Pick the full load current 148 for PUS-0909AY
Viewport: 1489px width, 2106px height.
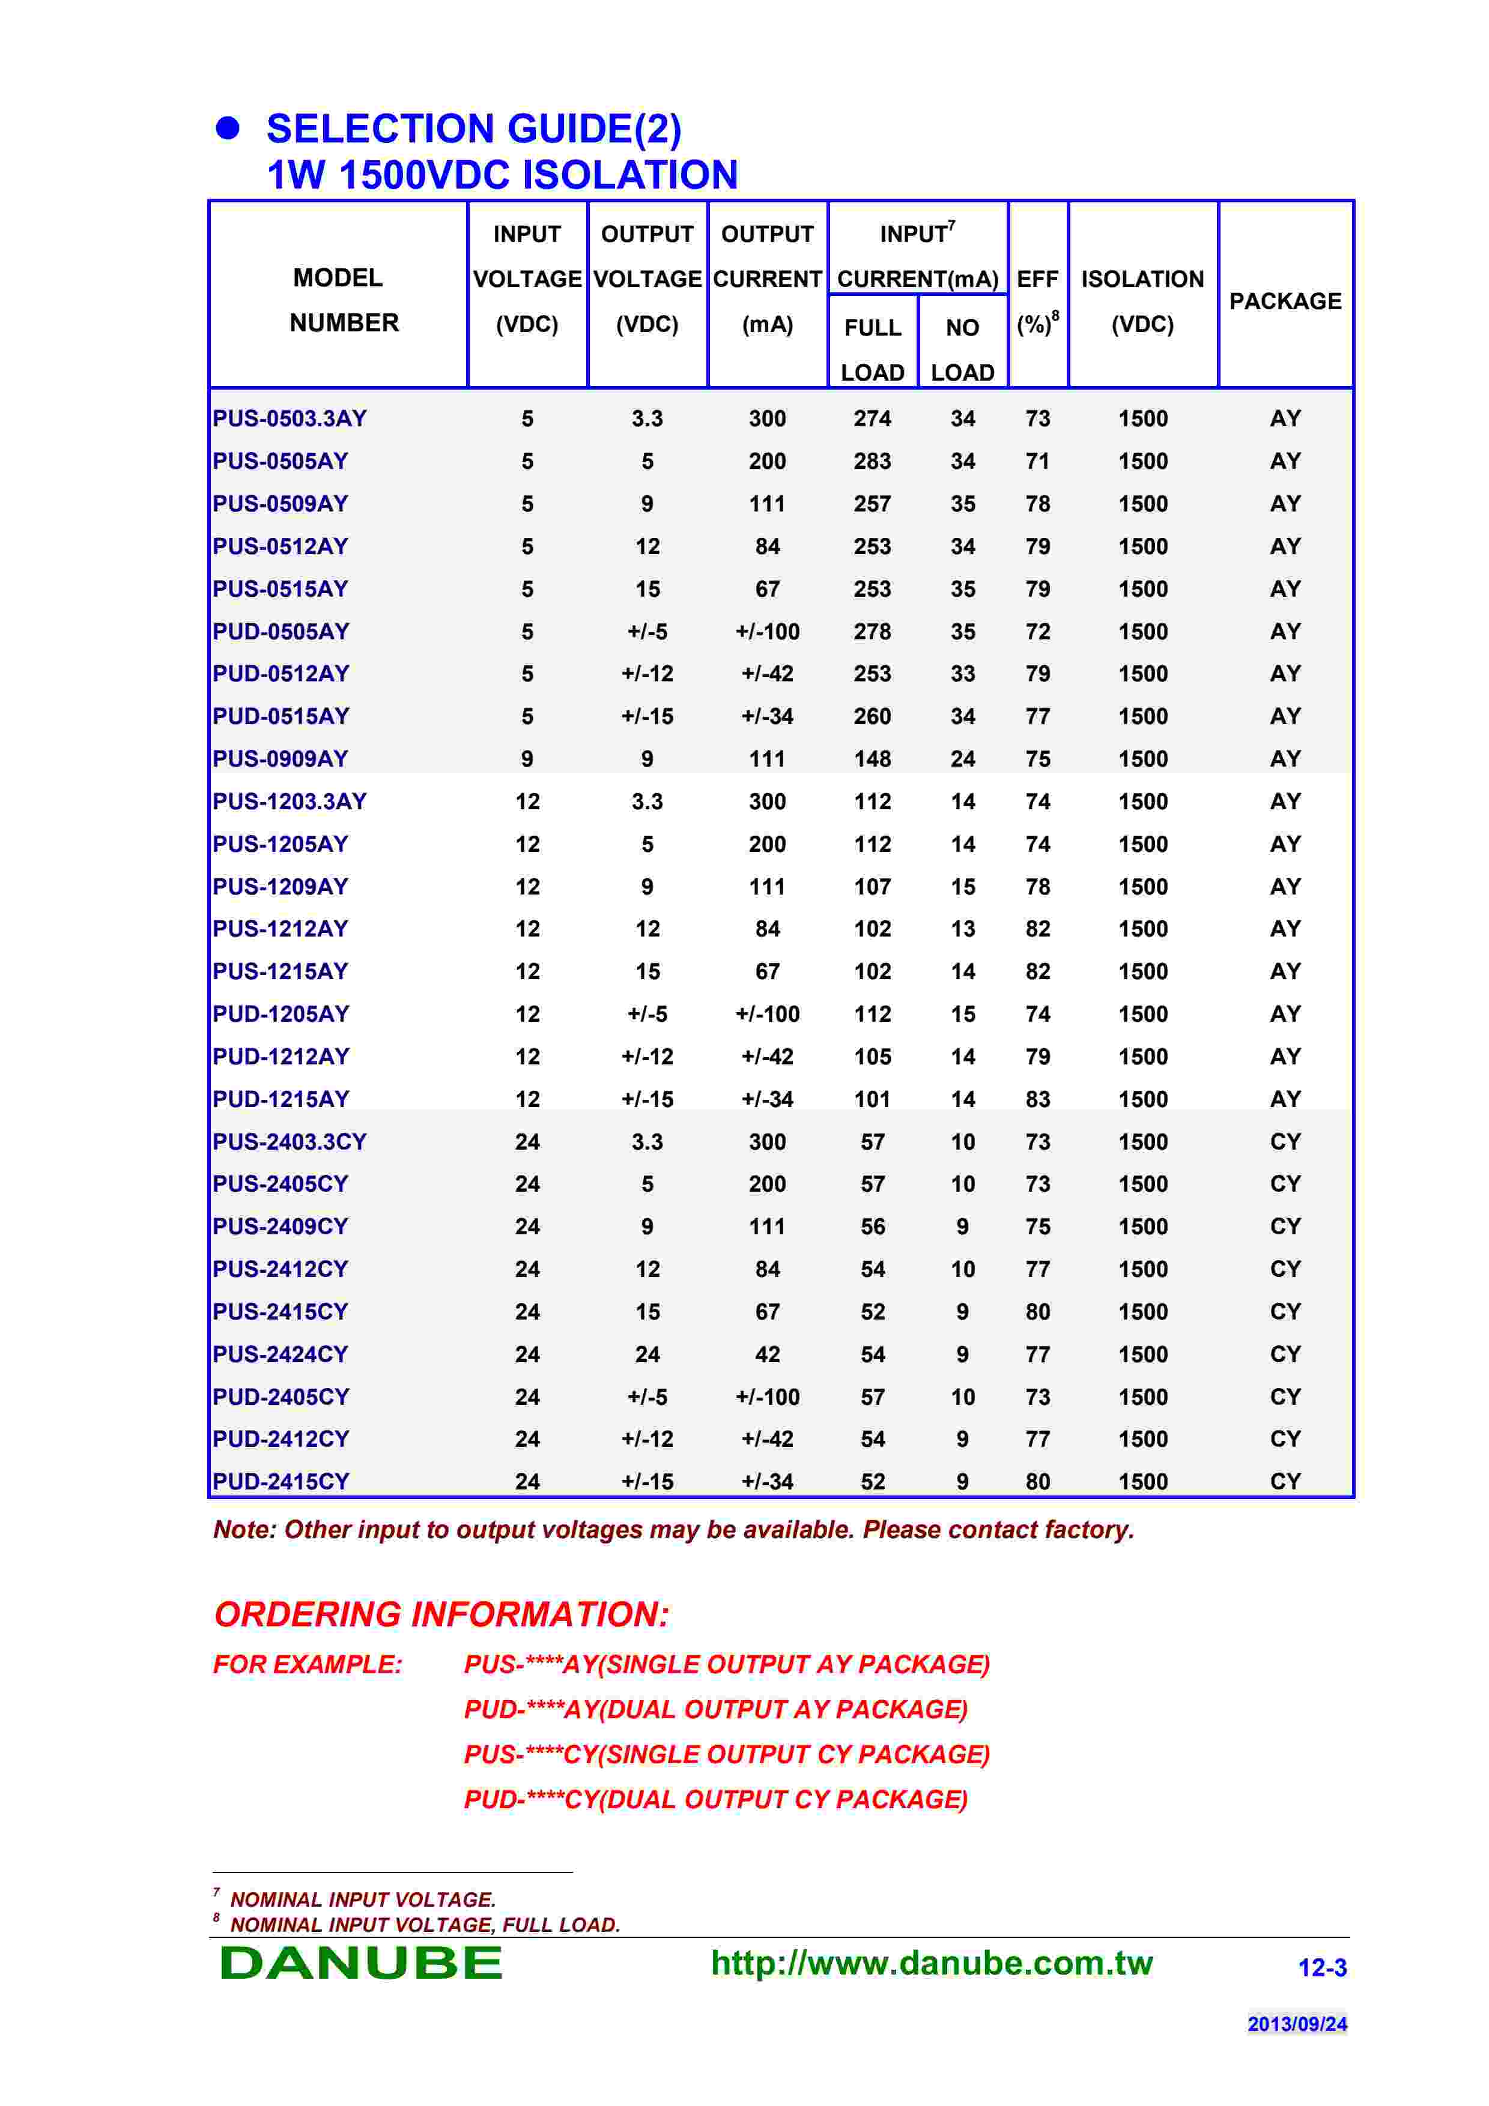(x=873, y=759)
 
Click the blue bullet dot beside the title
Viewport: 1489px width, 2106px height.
(x=228, y=128)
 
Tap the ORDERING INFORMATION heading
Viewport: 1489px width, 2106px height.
(x=441, y=1614)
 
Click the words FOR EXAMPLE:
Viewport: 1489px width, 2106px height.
(x=308, y=1664)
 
